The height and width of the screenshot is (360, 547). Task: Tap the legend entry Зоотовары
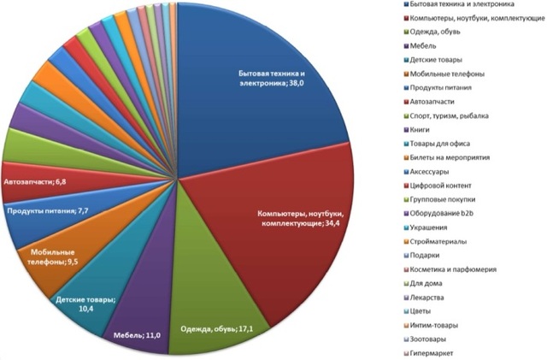pyautogui.click(x=432, y=338)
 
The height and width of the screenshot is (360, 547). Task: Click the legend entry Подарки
pyautogui.click(x=427, y=254)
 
